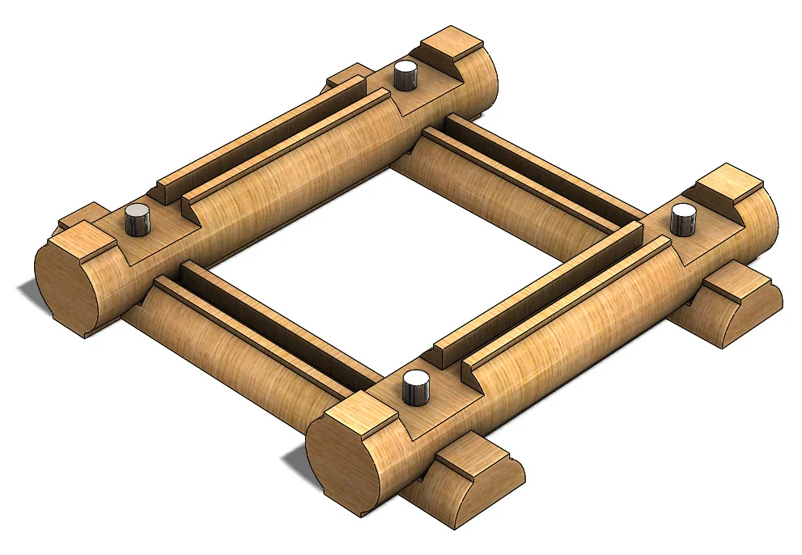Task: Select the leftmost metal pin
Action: [138, 219]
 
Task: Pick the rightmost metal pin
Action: [684, 218]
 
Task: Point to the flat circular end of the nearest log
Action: [344, 460]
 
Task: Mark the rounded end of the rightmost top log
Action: [765, 218]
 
